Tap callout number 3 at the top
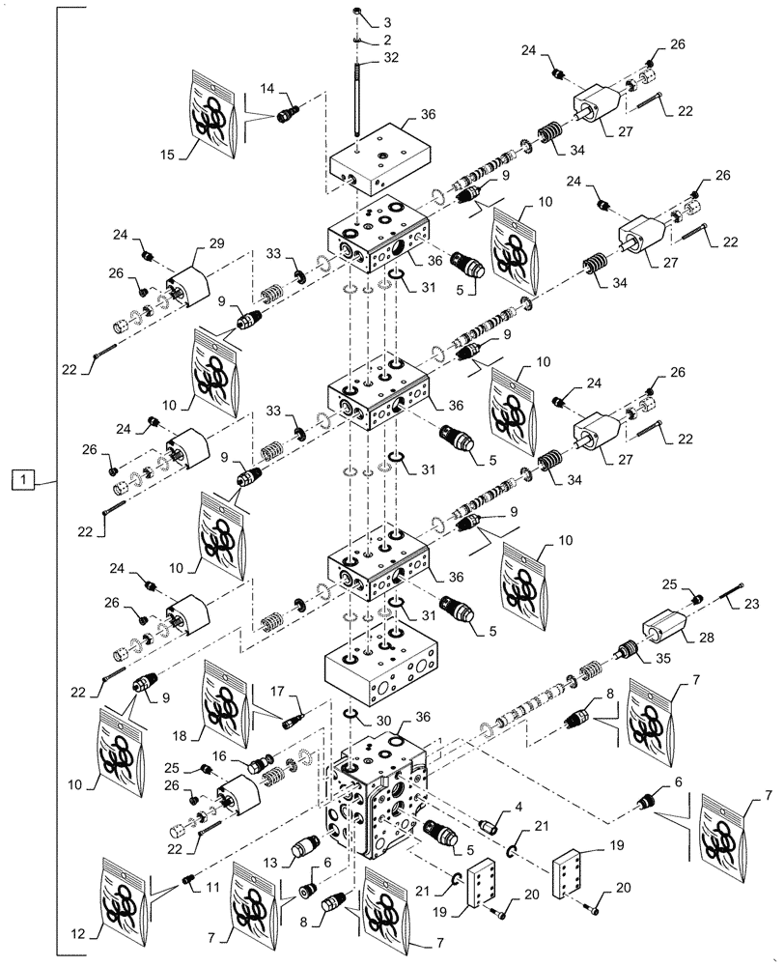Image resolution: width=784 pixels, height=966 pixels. click(386, 21)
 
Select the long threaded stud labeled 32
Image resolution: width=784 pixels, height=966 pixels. click(358, 97)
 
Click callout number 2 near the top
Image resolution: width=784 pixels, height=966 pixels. click(386, 41)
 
